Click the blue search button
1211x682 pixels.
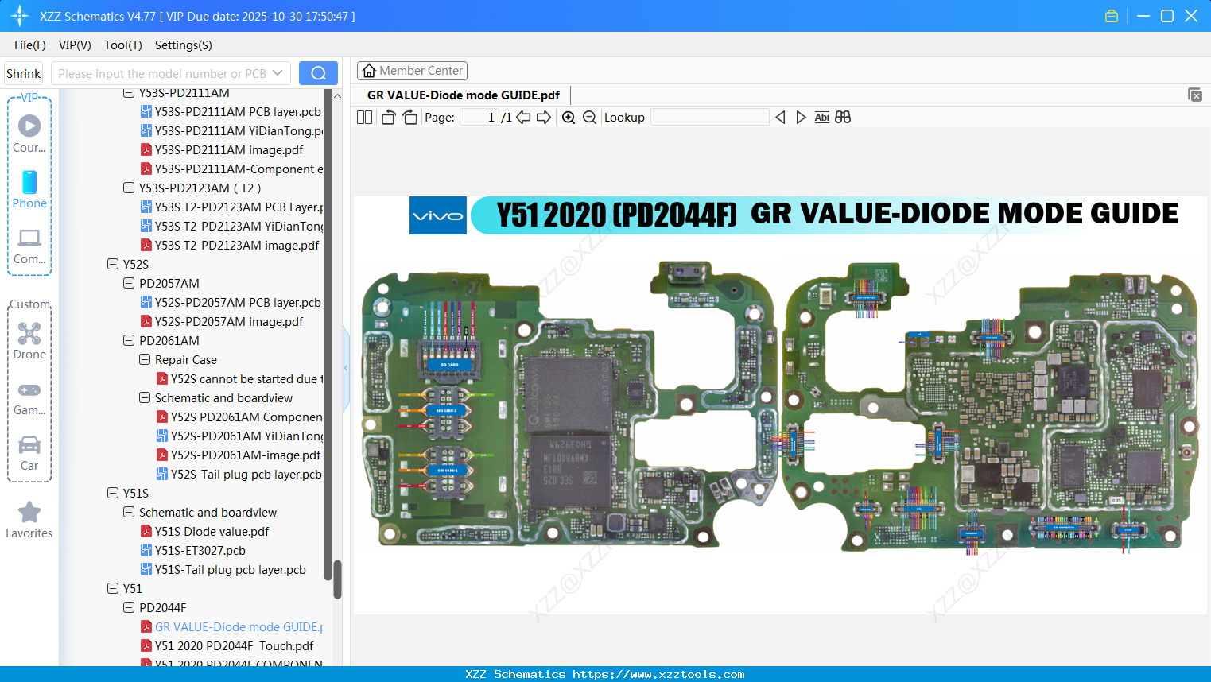pyautogui.click(x=318, y=73)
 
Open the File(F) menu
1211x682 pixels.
pyautogui.click(x=29, y=45)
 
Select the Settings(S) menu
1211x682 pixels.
pyautogui.click(x=183, y=45)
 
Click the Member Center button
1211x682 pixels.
pyautogui.click(x=412, y=71)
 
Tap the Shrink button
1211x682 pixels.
pyautogui.click(x=23, y=73)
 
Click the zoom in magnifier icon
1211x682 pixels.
pyautogui.click(x=569, y=118)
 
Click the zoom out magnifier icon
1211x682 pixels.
pyautogui.click(x=589, y=118)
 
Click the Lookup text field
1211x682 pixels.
pyautogui.click(x=709, y=118)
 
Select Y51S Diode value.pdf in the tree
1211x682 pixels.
pyautogui.click(x=212, y=532)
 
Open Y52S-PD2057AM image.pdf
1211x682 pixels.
pyautogui.click(x=229, y=322)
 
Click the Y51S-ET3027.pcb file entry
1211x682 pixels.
pyautogui.click(x=200, y=551)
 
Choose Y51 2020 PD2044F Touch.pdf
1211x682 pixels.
pyautogui.click(x=234, y=646)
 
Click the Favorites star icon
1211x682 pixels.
pyautogui.click(x=29, y=513)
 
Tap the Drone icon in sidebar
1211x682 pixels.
pyautogui.click(x=29, y=334)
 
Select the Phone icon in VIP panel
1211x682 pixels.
pyautogui.click(x=29, y=183)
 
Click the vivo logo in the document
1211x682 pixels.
pyautogui.click(x=437, y=215)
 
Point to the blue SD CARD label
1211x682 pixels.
pyautogui.click(x=449, y=365)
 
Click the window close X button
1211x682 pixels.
pyautogui.click(x=1190, y=16)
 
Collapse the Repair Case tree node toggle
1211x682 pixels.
pyautogui.click(x=145, y=360)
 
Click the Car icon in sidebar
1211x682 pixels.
pyautogui.click(x=29, y=445)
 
